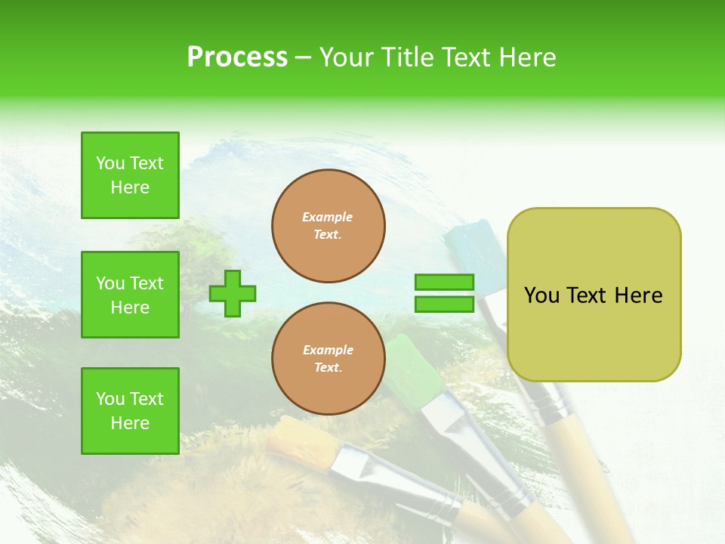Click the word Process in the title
[x=237, y=57]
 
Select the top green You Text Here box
[x=130, y=175]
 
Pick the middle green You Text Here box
[x=130, y=295]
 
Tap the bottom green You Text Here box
[x=130, y=411]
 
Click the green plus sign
[x=232, y=293]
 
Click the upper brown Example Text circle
[x=328, y=226]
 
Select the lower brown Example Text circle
[x=328, y=359]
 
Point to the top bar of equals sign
[x=444, y=283]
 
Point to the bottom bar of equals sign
[x=444, y=304]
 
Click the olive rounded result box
[x=594, y=295]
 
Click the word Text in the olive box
[x=588, y=295]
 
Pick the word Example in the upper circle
[x=328, y=218]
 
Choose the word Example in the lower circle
[x=328, y=351]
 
